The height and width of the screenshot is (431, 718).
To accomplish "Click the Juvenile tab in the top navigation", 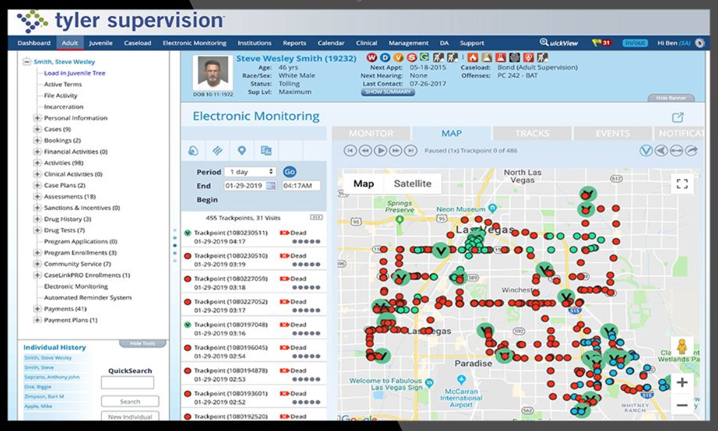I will coord(101,43).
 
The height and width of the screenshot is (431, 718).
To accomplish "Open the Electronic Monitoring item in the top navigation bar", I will coord(194,43).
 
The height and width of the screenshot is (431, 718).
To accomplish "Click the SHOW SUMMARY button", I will coord(388,92).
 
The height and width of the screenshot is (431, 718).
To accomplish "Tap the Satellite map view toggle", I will coord(412,183).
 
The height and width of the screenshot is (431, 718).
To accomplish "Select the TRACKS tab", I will coord(531,134).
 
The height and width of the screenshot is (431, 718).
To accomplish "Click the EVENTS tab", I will coord(612,134).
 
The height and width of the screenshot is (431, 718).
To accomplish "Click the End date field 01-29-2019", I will coord(246,186).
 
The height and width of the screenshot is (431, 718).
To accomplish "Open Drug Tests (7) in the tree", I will coord(64,230).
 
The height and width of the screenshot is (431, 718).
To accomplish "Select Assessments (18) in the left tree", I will coord(69,197).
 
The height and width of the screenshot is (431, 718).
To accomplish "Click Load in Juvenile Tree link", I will coord(74,73).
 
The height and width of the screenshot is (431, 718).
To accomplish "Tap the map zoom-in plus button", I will coord(682,383).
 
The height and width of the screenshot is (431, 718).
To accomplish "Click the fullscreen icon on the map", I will coord(682,184).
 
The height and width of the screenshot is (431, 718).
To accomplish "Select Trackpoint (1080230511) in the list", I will coord(230,233).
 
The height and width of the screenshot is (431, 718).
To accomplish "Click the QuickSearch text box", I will coord(127,383).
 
